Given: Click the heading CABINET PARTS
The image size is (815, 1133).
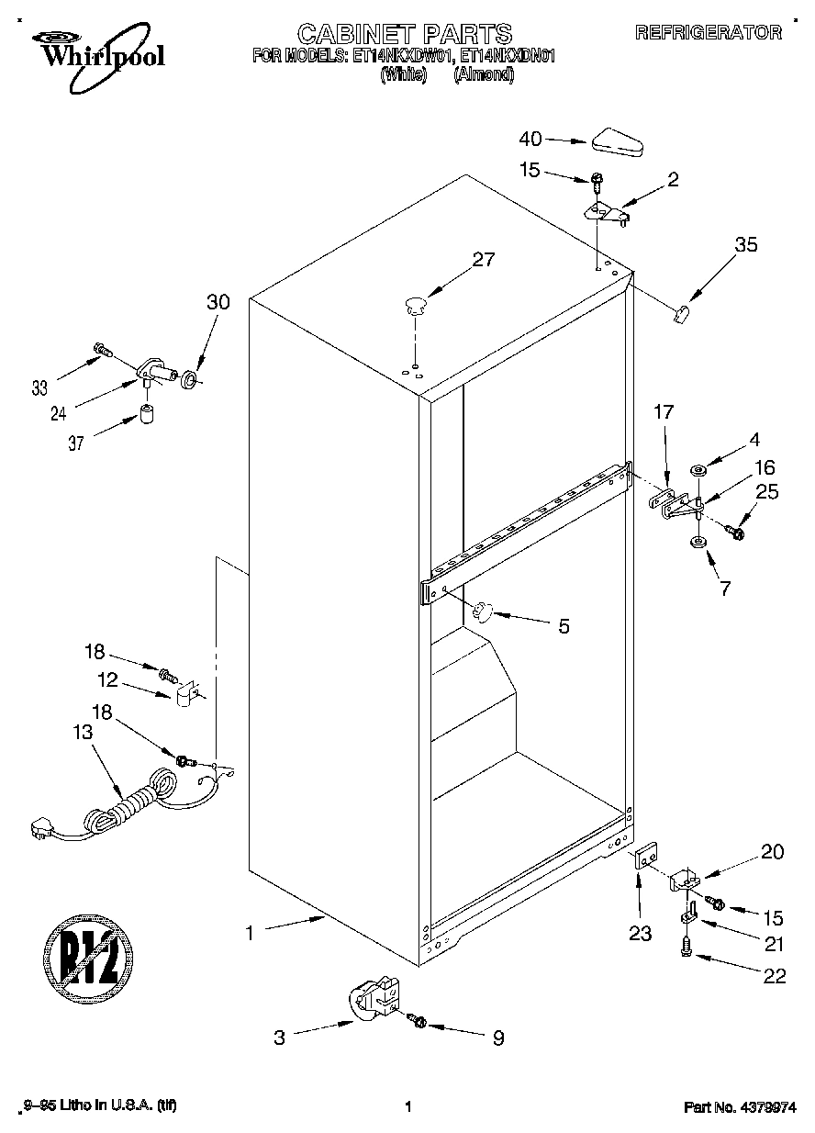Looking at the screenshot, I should click(x=405, y=35).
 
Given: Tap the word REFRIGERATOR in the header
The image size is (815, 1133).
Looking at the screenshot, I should click(x=709, y=33).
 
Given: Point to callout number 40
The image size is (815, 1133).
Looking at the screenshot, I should click(x=530, y=140).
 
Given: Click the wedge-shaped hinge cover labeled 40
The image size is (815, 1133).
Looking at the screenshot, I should click(x=619, y=141).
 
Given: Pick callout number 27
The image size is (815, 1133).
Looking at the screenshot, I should click(x=483, y=260).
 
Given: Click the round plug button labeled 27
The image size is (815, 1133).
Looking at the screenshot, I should click(x=416, y=304).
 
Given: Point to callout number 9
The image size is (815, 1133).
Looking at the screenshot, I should click(x=498, y=1038).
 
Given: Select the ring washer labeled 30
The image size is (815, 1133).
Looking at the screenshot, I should click(x=190, y=378).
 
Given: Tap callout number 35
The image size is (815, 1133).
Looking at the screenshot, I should click(x=746, y=244).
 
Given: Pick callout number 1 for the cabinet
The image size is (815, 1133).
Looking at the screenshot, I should click(x=248, y=933).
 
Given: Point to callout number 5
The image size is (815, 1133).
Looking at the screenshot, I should click(x=564, y=626).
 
